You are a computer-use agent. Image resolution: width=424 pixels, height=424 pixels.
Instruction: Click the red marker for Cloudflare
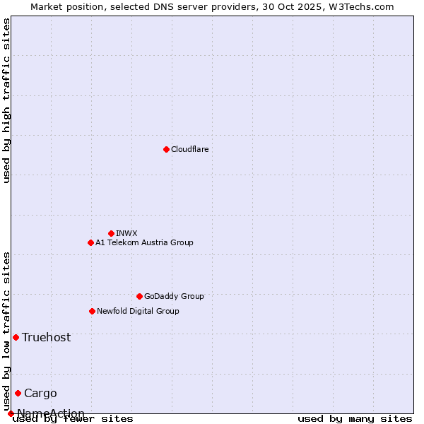pos(166,149)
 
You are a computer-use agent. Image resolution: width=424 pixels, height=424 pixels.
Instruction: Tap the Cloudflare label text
pos(190,149)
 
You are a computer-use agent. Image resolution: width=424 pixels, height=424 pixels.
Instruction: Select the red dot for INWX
pos(111,233)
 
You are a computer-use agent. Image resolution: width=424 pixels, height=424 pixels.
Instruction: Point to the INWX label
pos(126,233)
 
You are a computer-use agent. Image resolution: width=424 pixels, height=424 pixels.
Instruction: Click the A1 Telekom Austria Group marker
pos(90,242)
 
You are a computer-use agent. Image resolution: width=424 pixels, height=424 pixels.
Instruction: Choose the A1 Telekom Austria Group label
pos(144,242)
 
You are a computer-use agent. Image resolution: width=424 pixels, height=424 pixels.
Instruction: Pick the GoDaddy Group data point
pos(139,296)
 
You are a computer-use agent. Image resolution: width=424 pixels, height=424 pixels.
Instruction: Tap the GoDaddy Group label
pos(174,296)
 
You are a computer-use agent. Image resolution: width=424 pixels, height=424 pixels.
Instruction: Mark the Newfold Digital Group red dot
pos(92,311)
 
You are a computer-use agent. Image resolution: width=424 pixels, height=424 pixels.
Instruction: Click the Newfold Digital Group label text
pos(138,311)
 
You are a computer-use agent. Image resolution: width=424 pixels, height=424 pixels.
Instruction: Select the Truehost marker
pos(16,337)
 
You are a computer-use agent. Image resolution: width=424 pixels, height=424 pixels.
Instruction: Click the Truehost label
pos(46,337)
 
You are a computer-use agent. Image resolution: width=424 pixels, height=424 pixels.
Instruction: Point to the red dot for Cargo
pos(18,393)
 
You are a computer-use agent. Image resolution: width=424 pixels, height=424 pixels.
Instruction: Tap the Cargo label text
pos(40,393)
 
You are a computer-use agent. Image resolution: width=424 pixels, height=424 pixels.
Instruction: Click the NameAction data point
pos(11,413)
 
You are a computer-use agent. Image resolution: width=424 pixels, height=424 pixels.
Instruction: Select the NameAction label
pos(51,413)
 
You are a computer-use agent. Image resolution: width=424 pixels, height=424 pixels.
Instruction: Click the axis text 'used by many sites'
pos(355,418)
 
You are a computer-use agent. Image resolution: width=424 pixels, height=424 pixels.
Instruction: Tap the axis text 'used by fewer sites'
pos(73,418)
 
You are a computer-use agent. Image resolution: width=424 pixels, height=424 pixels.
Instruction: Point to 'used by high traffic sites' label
pos(6,100)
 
